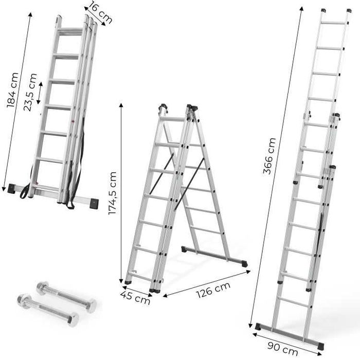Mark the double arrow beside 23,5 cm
coord(40,92)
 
